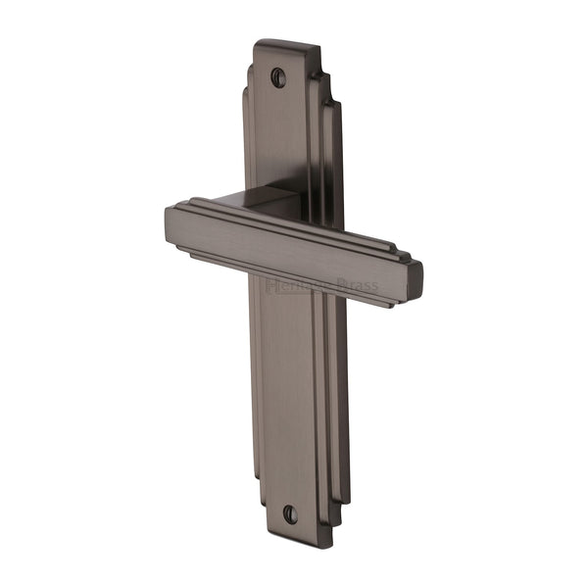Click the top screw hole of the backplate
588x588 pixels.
click(x=279, y=75)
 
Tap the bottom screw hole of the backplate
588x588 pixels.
click(x=289, y=513)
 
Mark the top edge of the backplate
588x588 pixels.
click(x=286, y=44)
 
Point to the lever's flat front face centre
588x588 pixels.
click(x=284, y=255)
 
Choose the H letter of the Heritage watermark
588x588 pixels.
click(x=272, y=285)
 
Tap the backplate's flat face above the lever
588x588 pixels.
click(x=279, y=137)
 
